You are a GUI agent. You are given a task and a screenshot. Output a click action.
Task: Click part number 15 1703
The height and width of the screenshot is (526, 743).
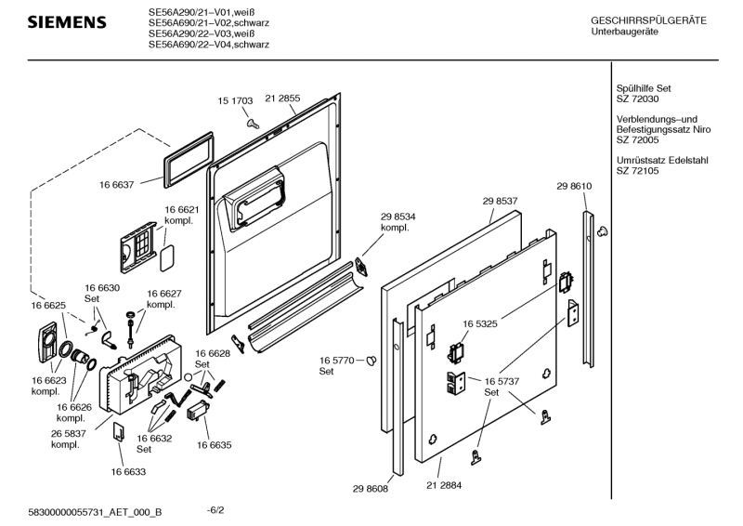235,99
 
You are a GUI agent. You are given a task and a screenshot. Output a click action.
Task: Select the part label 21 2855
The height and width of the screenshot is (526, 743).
282,98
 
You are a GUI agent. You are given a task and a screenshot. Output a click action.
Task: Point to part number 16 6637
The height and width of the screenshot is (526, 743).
117,185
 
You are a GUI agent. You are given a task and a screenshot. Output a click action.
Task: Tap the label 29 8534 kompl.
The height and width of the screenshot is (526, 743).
398,222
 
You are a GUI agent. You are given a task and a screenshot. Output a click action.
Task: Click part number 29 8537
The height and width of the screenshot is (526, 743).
500,200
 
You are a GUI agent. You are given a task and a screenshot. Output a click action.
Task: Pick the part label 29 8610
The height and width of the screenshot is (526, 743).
575,186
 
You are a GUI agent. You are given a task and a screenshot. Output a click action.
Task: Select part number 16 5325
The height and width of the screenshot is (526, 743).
481,323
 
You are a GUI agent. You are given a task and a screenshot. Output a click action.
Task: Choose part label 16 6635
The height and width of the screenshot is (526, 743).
214,445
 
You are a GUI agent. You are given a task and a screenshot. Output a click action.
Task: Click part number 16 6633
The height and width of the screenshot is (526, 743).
130,472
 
